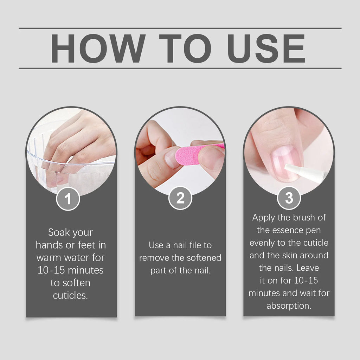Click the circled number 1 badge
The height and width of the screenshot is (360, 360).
click(68, 199)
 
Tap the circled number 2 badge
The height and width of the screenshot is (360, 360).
click(180, 199)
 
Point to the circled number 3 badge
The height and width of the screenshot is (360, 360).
click(289, 199)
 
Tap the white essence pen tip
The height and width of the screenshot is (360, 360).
click(304, 173)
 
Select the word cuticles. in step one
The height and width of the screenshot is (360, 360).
click(70, 296)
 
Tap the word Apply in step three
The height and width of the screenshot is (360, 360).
click(264, 217)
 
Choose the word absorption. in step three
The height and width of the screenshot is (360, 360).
click(289, 306)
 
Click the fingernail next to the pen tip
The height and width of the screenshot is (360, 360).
click(285, 162)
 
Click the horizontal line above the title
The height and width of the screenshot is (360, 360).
click(180, 28)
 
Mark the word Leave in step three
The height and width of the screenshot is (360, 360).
click(308, 268)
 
